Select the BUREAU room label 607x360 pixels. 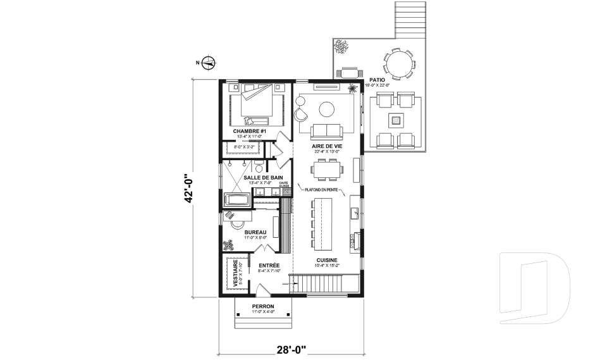(x=255, y=233)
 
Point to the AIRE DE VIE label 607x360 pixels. (x=326, y=146)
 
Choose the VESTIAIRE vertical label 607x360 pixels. (x=235, y=273)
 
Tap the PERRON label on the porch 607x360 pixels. (x=262, y=306)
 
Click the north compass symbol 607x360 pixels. (x=209, y=62)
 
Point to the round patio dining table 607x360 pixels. (x=399, y=63)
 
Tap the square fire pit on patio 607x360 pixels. (x=396, y=118)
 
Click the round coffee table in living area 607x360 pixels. (x=327, y=109)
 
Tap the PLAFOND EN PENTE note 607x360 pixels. (x=320, y=189)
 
